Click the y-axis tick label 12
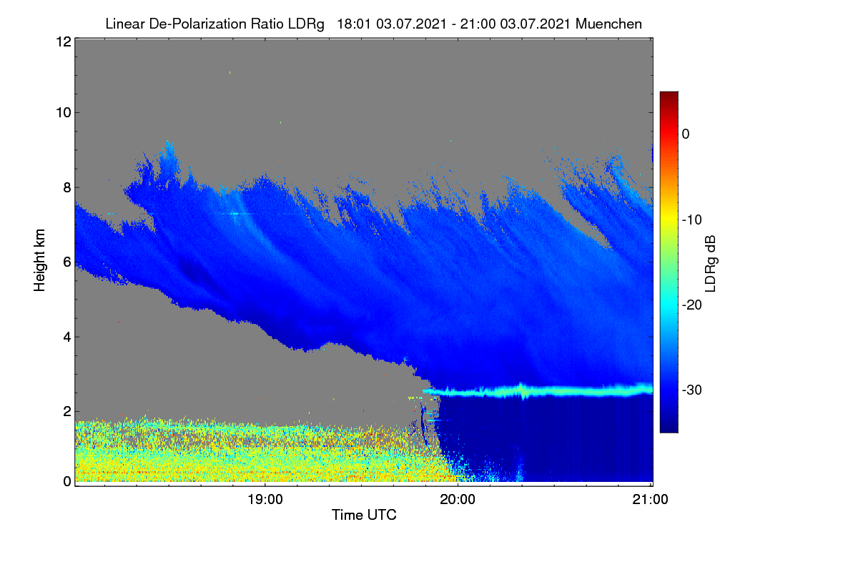pyautogui.click(x=64, y=41)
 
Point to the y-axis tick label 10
pyautogui.click(x=64, y=113)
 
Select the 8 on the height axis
pyautogui.click(x=67, y=188)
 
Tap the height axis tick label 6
pyautogui.click(x=67, y=262)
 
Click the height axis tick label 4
pyautogui.click(x=67, y=337)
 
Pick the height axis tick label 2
pyautogui.click(x=67, y=411)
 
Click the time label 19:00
pyautogui.click(x=265, y=500)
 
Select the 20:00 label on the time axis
pyautogui.click(x=458, y=500)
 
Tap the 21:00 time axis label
pyautogui.click(x=650, y=500)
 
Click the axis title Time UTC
pyautogui.click(x=364, y=515)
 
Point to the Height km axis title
pyautogui.click(x=39, y=260)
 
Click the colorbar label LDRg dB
pyautogui.click(x=711, y=264)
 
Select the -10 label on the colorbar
pyautogui.click(x=692, y=220)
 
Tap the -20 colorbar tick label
pyautogui.click(x=692, y=305)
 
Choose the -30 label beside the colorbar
pyautogui.click(x=692, y=390)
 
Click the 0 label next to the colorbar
pyautogui.click(x=686, y=134)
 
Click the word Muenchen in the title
pyautogui.click(x=608, y=24)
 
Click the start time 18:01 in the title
pyautogui.click(x=354, y=24)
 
